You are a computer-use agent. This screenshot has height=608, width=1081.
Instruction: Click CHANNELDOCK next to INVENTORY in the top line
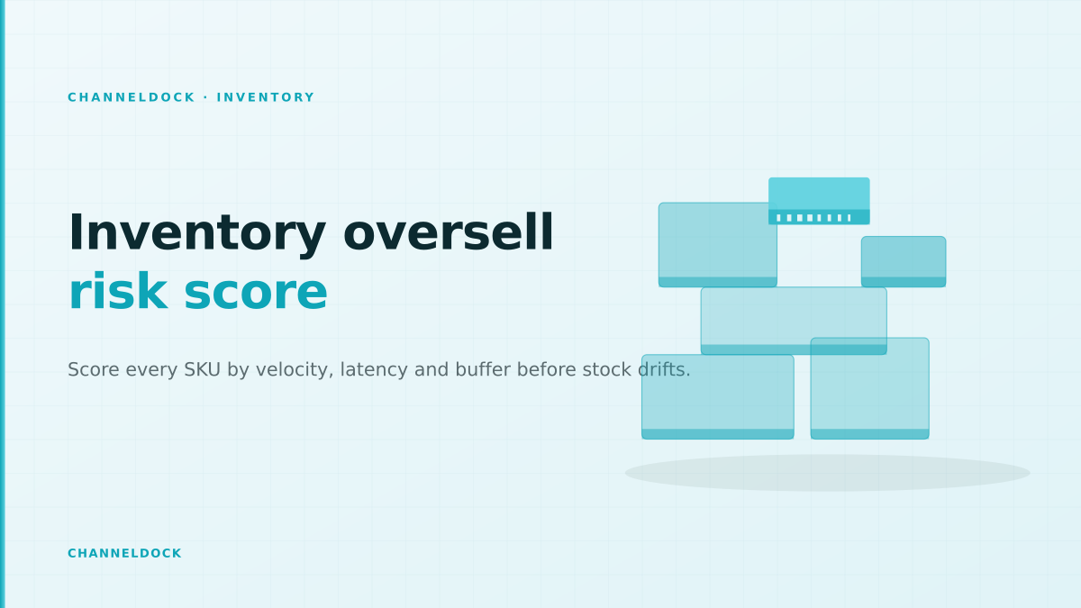point(132,97)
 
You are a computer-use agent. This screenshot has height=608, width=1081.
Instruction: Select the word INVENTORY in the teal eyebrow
point(266,97)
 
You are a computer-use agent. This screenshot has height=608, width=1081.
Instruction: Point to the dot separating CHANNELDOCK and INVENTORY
point(206,97)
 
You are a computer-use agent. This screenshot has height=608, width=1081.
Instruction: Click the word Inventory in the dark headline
point(197,233)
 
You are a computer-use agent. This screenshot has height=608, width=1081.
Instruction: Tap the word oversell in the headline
point(449,232)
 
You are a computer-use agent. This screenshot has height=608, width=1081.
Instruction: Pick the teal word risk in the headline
point(118,291)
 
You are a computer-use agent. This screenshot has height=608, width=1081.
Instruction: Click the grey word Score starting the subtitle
point(93,369)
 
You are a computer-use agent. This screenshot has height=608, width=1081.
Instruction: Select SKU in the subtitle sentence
point(202,369)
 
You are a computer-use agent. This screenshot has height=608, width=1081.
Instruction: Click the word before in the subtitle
point(546,369)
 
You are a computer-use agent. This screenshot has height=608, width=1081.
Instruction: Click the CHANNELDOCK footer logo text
point(124,553)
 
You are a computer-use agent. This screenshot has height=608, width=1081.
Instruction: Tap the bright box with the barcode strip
point(819,201)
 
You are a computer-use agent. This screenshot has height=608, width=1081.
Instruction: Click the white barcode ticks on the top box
point(813,218)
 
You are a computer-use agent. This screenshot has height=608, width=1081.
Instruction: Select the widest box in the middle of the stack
point(794,321)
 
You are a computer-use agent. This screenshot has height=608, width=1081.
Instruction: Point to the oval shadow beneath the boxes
point(827,473)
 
